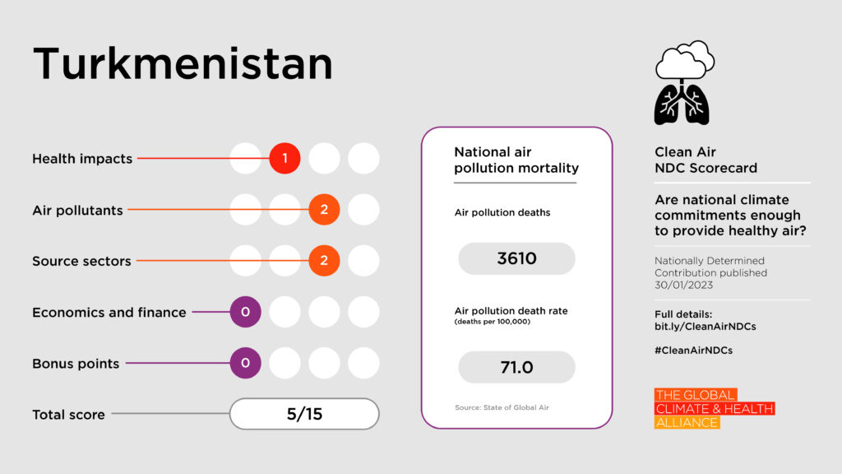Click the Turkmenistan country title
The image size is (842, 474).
(x=183, y=64)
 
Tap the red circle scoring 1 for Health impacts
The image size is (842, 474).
(x=285, y=158)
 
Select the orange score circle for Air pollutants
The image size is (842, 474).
(x=324, y=210)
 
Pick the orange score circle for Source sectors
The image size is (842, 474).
(x=324, y=261)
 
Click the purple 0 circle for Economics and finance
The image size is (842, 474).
(x=245, y=312)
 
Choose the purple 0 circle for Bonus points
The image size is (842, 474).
(x=245, y=363)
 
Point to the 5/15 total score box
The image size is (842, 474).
(x=304, y=414)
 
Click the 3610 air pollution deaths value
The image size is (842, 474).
(x=516, y=258)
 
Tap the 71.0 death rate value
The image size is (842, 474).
(x=516, y=367)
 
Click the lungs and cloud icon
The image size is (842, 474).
(x=683, y=82)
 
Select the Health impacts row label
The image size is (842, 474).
(x=82, y=159)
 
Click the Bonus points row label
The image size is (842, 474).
(x=76, y=364)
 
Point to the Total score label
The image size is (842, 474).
(x=68, y=415)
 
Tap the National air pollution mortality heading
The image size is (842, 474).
(x=516, y=160)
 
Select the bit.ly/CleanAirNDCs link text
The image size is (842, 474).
(x=706, y=326)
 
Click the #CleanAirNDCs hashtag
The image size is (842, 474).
(x=693, y=350)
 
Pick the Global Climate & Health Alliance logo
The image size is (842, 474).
(x=714, y=408)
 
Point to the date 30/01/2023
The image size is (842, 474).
(x=684, y=286)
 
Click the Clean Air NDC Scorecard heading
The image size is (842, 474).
(x=706, y=160)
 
